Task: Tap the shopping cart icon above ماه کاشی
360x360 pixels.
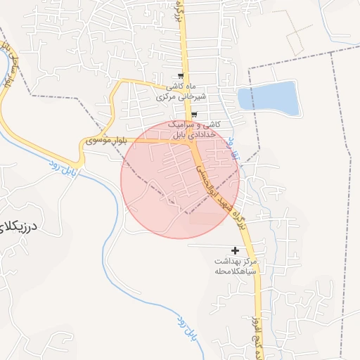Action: click(181, 76)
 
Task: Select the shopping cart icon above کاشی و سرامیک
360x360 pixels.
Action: click(194, 115)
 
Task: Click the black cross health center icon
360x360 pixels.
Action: click(235, 250)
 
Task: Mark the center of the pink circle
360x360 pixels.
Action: click(180, 179)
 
